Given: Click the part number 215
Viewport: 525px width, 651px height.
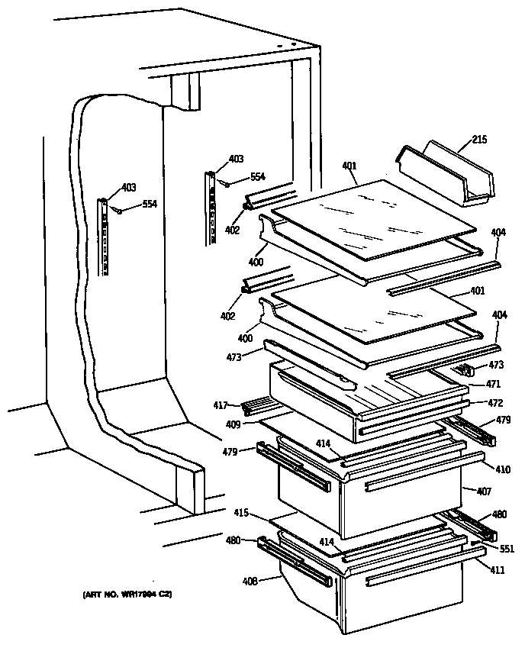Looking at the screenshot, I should pyautogui.click(x=479, y=140).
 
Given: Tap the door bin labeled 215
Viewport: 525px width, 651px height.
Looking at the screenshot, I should pyautogui.click(x=446, y=173).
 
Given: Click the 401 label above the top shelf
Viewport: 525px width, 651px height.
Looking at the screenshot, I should pyautogui.click(x=349, y=166).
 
